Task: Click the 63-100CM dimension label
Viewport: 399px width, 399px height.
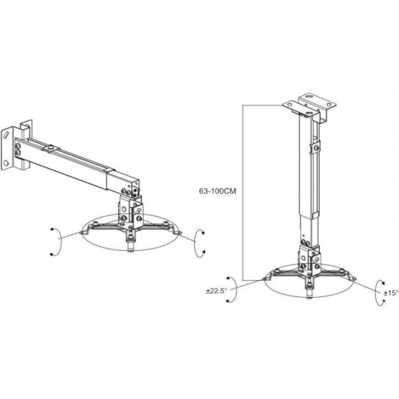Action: (x=217, y=191)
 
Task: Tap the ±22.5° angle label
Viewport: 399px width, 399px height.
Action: (x=216, y=291)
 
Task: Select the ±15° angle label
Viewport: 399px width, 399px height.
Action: (x=391, y=293)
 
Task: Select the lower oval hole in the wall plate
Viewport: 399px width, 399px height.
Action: (x=6, y=162)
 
